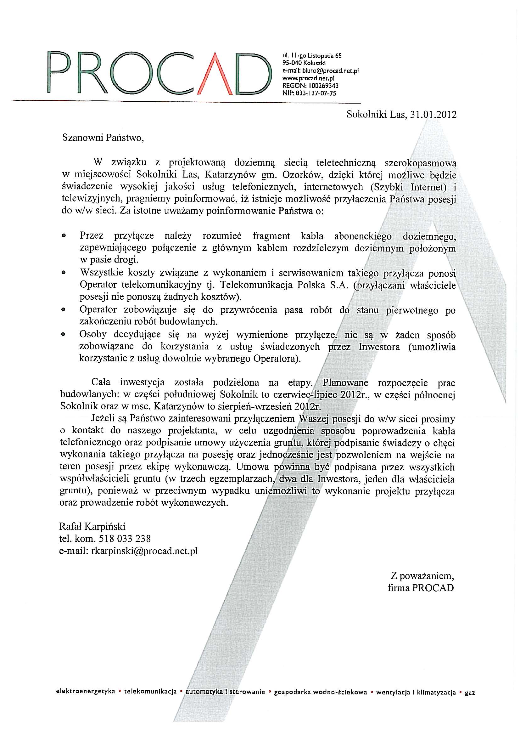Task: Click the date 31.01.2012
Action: point(431,115)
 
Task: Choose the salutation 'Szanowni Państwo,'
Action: point(101,138)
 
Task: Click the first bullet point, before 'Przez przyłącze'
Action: point(64,235)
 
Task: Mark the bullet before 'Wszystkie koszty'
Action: point(64,273)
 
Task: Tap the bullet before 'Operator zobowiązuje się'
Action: point(64,310)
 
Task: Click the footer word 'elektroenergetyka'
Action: point(85,701)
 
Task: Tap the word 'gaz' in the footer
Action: point(470,701)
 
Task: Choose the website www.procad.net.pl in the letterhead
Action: point(308,78)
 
